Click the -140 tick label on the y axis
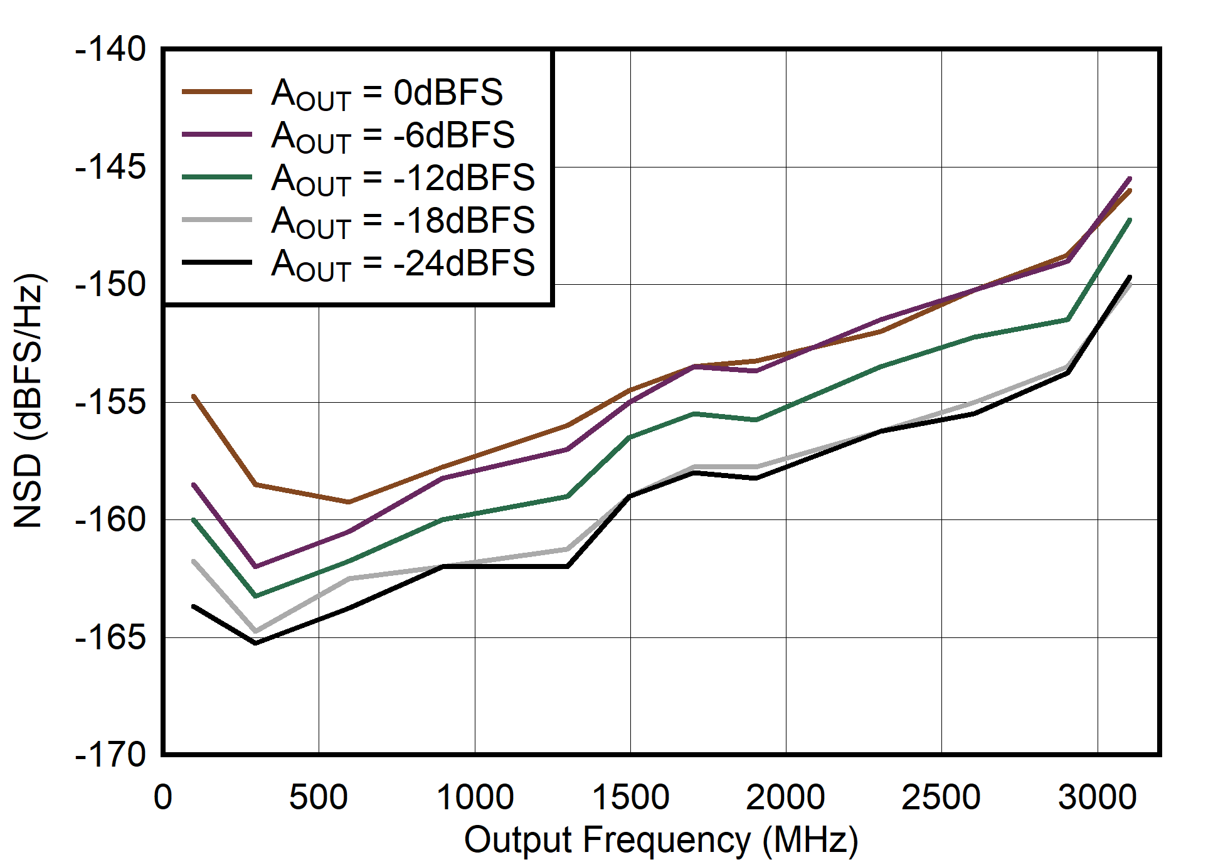tap(110, 50)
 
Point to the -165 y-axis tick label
tap(110, 638)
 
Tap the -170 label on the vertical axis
tap(110, 755)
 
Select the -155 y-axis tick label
tap(110, 403)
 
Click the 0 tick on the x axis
tap(163, 798)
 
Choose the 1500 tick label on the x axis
tap(630, 798)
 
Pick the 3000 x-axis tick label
tap(1097, 798)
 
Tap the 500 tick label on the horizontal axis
tap(319, 798)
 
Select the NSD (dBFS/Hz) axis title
tap(29, 402)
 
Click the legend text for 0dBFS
tap(387, 93)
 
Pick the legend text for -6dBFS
tap(393, 136)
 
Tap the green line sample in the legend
tap(217, 178)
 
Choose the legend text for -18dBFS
tap(403, 221)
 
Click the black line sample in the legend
tap(217, 263)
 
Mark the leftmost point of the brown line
tap(194, 396)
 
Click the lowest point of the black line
tap(255, 643)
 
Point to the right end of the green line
tap(1130, 220)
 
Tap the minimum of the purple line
tap(255, 566)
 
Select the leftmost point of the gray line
tap(194, 561)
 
